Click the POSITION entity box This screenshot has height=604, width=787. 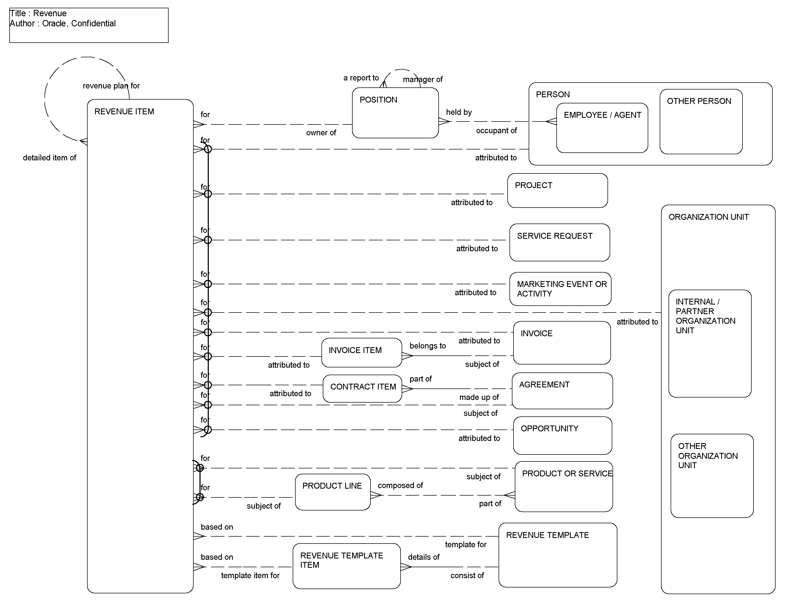coord(395,113)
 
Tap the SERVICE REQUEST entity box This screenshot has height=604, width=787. coord(559,242)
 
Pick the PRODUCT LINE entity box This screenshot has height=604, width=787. coord(332,492)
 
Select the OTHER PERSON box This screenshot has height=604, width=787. coord(700,121)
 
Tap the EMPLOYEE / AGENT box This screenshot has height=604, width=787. coord(602,128)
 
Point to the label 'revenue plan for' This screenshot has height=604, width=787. coord(111,86)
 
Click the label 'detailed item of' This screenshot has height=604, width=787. coord(50,157)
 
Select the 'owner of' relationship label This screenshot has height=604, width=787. coord(321,133)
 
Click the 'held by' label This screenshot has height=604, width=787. coord(459,112)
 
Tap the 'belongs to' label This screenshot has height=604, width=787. coord(428,346)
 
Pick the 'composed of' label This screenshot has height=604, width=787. coord(400,485)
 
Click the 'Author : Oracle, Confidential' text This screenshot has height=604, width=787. coord(63,23)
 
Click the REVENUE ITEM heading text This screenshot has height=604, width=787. coord(124,111)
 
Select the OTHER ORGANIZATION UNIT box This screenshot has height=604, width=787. coord(712,475)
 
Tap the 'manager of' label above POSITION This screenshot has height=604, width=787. coord(423,79)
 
